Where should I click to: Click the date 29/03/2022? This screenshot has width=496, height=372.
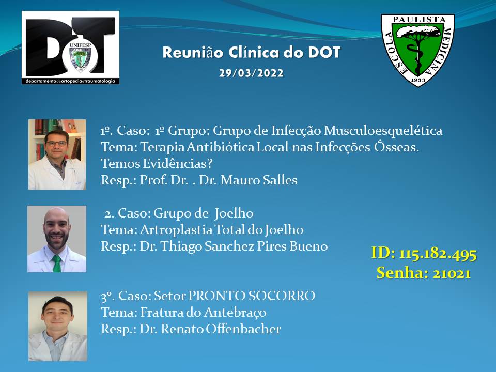(252, 73)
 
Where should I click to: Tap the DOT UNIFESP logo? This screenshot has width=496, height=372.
(71, 48)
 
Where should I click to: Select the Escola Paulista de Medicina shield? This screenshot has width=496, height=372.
(417, 50)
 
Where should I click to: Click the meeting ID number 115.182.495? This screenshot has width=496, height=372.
(438, 254)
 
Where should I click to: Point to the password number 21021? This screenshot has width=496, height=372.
(452, 273)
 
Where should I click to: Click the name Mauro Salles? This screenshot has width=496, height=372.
(259, 180)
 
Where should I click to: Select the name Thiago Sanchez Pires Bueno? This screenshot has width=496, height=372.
(244, 246)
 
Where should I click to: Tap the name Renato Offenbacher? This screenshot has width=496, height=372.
(221, 329)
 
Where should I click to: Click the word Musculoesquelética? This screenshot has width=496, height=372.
(383, 131)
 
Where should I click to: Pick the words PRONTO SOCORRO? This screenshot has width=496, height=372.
(252, 296)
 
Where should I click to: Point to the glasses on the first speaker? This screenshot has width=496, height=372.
(57, 144)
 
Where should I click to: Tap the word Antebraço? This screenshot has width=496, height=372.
(235, 313)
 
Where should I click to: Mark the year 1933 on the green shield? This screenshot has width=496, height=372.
(418, 80)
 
